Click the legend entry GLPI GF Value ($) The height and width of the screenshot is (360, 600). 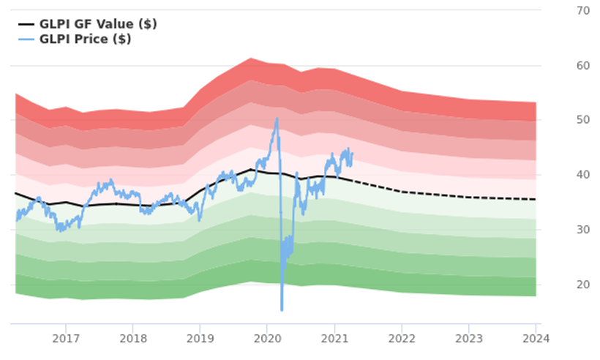coord(98,24)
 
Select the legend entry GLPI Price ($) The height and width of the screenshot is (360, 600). coord(85,40)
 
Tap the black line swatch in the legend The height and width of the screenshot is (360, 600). coord(26,24)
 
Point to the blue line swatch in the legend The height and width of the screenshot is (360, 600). coord(26,40)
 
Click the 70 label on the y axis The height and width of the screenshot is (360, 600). coord(563,11)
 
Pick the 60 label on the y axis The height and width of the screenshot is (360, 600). coord(563,66)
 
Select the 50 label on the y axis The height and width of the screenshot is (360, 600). coord(563,120)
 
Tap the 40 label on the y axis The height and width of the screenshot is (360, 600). coord(563,175)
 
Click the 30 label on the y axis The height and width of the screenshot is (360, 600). coord(563,230)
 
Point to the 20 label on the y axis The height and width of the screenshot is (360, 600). coord(563,285)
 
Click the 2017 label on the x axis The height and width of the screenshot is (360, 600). coord(66,338)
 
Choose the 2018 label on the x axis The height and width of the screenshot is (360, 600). coord(133,338)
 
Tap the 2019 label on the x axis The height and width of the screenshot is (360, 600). coord(200,338)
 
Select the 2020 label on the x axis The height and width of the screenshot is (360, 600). coord(267,338)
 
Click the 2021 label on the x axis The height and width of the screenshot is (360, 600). coord(334,338)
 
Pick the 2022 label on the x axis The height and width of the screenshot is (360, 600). coord(402,338)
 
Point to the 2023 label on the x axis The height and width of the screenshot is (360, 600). coord(469,338)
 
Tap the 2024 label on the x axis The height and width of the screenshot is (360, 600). coord(536,338)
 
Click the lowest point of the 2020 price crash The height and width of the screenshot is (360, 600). coord(282,310)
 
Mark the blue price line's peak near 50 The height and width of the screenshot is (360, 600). coord(277,119)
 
